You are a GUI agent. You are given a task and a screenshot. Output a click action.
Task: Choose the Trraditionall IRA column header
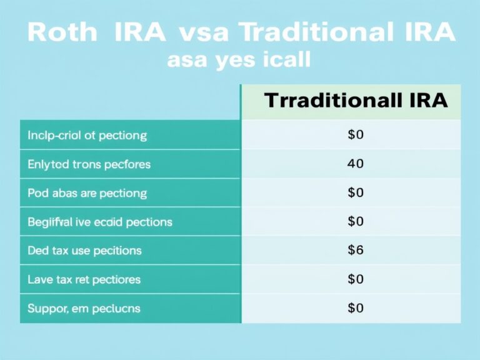point(356,101)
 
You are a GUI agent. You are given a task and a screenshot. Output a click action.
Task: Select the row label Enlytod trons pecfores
point(89,164)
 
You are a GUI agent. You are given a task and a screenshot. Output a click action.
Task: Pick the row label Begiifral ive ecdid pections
point(99,222)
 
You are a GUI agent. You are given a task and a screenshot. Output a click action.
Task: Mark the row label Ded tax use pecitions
point(84,251)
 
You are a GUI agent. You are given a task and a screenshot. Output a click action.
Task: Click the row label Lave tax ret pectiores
point(84,279)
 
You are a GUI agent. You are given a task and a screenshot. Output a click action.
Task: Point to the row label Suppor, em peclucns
point(84,308)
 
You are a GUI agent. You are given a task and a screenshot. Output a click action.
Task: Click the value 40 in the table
point(355,164)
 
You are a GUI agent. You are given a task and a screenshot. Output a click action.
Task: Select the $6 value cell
point(355,251)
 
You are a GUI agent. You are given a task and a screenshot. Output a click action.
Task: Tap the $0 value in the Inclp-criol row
point(355,135)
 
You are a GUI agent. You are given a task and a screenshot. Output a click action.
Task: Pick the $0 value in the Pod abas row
point(355,193)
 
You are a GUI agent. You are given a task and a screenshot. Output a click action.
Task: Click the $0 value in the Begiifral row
point(355,222)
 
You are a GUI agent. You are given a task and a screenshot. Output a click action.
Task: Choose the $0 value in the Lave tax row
point(355,279)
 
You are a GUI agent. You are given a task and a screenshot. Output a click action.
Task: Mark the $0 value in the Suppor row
point(355,308)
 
